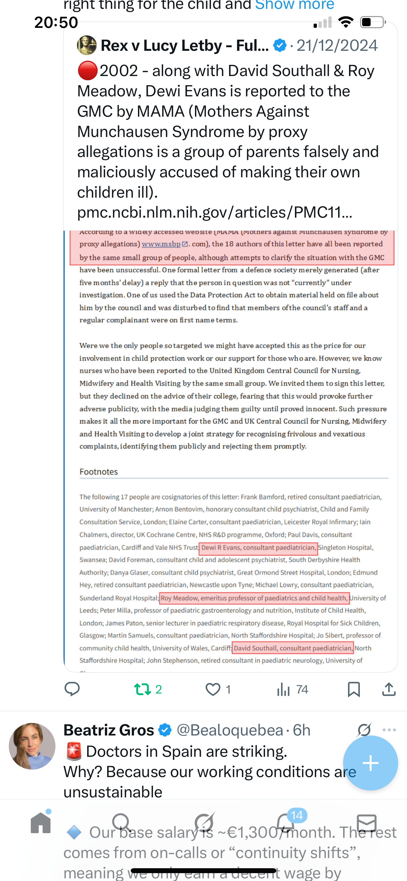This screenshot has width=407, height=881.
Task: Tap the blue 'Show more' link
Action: tap(295, 5)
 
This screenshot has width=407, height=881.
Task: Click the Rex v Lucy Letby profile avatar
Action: tap(87, 45)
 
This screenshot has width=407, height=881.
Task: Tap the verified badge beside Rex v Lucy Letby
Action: tap(280, 45)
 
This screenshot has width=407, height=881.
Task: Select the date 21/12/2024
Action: tap(337, 46)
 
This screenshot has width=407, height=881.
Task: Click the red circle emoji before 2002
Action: tap(87, 71)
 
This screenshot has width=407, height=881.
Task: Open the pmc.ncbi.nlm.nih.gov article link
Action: tap(214, 212)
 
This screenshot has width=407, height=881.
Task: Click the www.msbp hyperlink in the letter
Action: tap(161, 244)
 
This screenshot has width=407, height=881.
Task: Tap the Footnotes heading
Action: tap(99, 472)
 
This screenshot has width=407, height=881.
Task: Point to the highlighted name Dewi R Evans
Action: tap(258, 548)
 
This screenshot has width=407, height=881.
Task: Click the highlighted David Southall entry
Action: tap(293, 648)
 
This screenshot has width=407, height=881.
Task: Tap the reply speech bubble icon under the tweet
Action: tap(72, 689)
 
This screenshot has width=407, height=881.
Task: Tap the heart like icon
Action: tap(213, 689)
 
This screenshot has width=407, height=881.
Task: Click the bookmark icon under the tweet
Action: tap(354, 689)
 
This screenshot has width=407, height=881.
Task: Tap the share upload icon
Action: tap(389, 689)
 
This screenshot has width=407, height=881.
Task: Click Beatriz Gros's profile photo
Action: tap(32, 746)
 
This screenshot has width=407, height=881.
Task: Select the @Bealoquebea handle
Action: tap(230, 730)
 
